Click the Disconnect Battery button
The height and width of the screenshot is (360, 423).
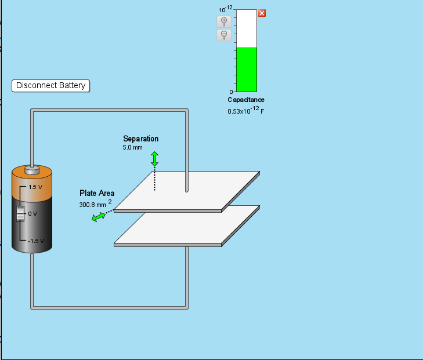[50, 86]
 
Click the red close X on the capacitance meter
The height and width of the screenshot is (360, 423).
[262, 13]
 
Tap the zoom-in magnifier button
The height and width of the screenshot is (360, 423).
[224, 21]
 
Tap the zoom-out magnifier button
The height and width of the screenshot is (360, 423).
[224, 35]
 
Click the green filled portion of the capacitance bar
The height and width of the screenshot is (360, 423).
[247, 70]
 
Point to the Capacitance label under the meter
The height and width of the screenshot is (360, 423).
[246, 100]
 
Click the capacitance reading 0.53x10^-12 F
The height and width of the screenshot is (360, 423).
[246, 111]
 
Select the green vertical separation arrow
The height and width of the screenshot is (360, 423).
[154, 159]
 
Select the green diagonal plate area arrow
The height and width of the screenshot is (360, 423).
[99, 217]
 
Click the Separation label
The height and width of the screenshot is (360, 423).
[141, 139]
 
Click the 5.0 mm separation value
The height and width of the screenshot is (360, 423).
[132, 148]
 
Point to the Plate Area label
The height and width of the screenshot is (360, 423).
[97, 193]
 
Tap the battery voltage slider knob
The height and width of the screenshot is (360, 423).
[20, 213]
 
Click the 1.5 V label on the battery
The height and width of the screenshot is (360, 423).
[35, 187]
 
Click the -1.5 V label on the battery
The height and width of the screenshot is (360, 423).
[36, 241]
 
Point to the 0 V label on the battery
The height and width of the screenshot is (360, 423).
[32, 214]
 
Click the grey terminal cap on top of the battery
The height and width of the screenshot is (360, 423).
[32, 170]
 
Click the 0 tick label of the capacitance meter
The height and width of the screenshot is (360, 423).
[231, 92]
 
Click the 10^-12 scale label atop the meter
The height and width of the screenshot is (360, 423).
[226, 9]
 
